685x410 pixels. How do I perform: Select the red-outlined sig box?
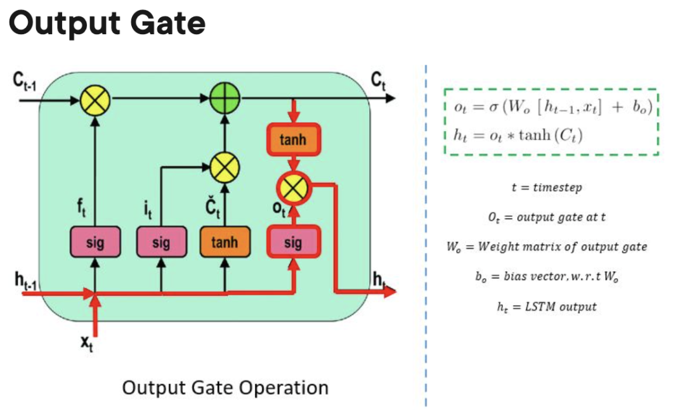click(x=292, y=241)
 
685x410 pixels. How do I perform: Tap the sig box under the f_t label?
click(x=95, y=241)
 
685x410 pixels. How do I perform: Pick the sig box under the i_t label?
click(x=161, y=241)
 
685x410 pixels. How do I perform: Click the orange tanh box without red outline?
click(x=224, y=241)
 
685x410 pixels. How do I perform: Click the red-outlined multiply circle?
click(x=292, y=187)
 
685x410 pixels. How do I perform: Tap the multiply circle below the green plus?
click(x=223, y=167)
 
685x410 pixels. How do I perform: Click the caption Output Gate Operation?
click(x=225, y=387)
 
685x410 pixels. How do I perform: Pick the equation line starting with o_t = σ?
click(x=551, y=106)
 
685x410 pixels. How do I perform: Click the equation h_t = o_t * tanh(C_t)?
click(x=519, y=135)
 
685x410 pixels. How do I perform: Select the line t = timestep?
click(x=545, y=188)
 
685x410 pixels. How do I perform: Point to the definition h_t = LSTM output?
click(x=547, y=307)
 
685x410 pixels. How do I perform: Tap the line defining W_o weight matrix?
click(x=547, y=247)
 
